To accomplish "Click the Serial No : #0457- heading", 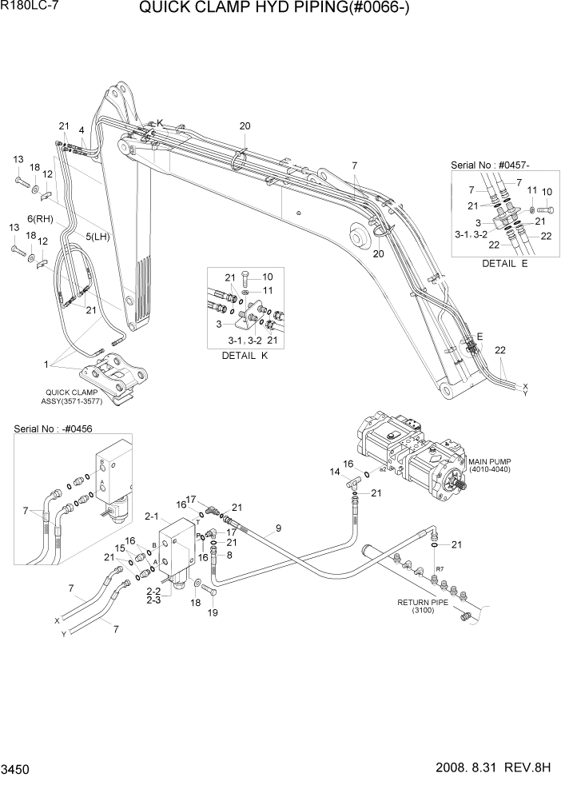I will [489, 164].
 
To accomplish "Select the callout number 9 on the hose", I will [278, 527].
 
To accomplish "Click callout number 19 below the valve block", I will [213, 613].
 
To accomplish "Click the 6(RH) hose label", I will [40, 219].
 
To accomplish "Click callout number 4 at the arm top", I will [82, 130].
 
